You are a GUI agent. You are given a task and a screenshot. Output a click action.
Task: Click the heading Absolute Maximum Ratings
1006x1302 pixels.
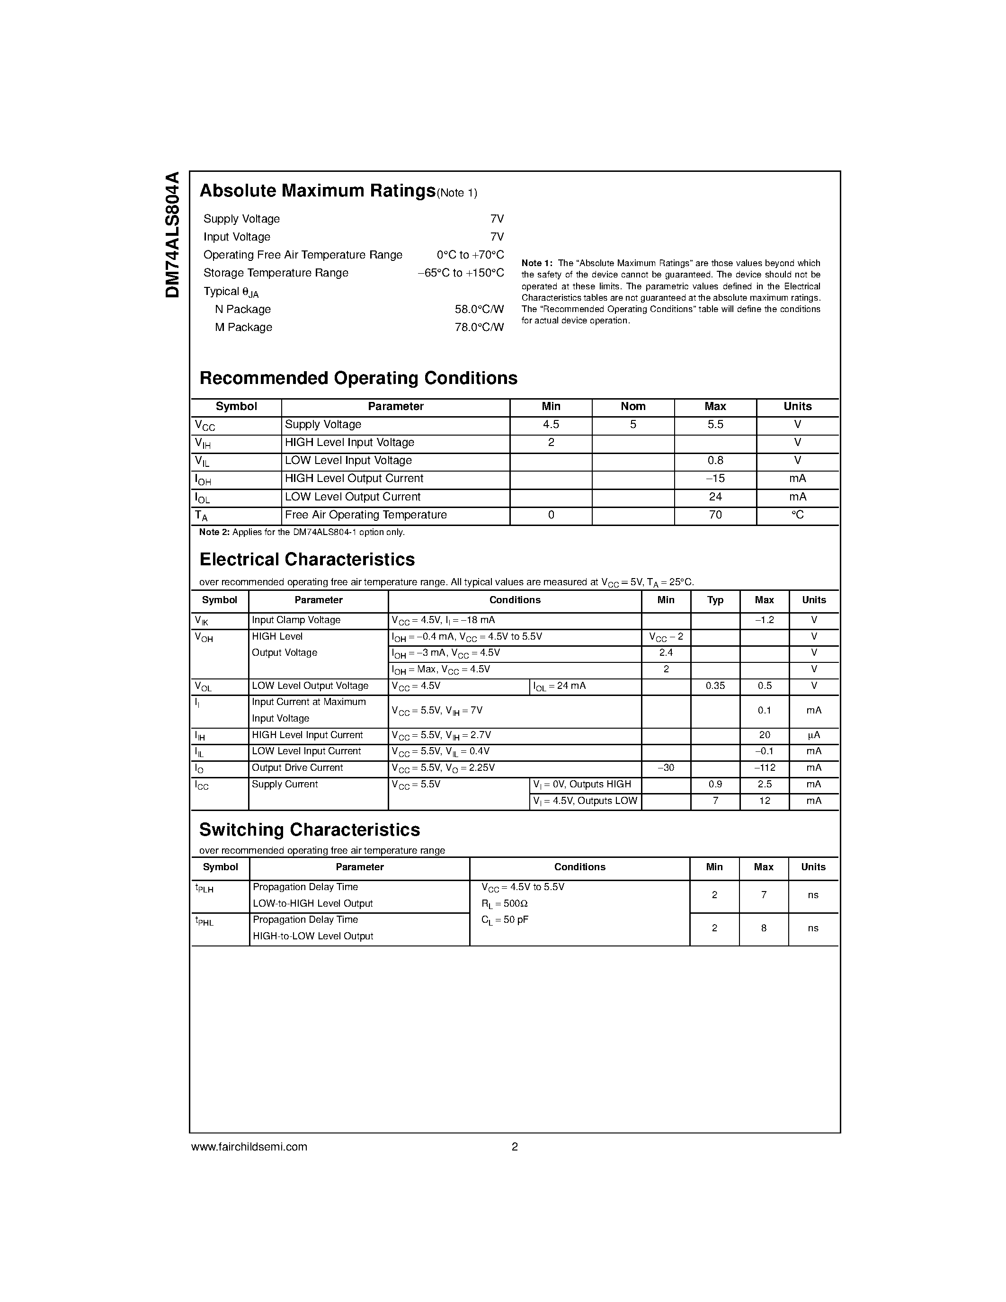(x=317, y=191)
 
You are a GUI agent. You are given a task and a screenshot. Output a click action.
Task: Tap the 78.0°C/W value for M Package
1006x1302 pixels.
(x=479, y=327)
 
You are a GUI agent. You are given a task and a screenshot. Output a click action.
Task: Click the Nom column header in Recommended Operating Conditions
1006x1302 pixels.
(x=633, y=407)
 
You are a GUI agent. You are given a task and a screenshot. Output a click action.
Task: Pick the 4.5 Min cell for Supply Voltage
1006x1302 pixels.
(x=551, y=425)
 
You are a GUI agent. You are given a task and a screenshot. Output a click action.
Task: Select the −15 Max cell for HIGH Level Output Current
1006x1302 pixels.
(x=715, y=479)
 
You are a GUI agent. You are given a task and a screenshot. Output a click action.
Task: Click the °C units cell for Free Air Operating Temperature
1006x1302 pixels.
(x=797, y=515)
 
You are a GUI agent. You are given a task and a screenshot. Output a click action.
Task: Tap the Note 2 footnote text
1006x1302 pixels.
(x=302, y=532)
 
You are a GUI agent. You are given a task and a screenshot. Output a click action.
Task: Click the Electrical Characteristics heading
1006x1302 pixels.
(x=307, y=560)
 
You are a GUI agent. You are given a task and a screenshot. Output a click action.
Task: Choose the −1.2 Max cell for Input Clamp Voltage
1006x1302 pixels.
(x=764, y=620)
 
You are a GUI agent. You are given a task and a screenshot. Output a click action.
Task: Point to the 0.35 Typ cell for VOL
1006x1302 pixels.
(x=715, y=686)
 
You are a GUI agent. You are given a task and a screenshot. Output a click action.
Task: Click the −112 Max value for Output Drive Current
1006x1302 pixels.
(x=764, y=768)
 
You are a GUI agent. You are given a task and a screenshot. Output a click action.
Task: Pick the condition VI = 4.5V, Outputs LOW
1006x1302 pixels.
(x=585, y=801)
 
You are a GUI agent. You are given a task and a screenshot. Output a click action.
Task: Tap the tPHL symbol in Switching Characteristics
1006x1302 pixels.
(x=205, y=921)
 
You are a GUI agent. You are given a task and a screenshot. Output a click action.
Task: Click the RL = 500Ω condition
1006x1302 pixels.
(x=504, y=904)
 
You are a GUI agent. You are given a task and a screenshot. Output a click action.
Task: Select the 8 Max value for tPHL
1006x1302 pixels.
(x=764, y=928)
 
